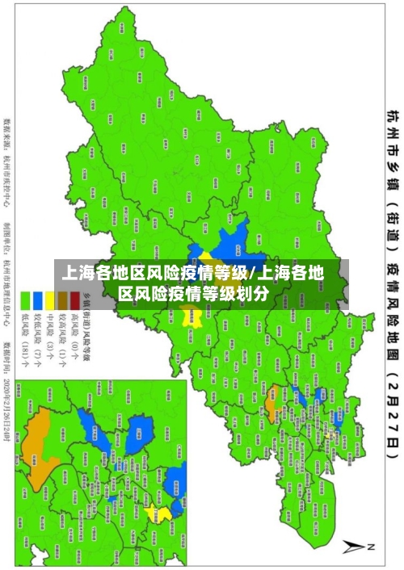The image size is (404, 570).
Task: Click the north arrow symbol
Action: tap(356, 547)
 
